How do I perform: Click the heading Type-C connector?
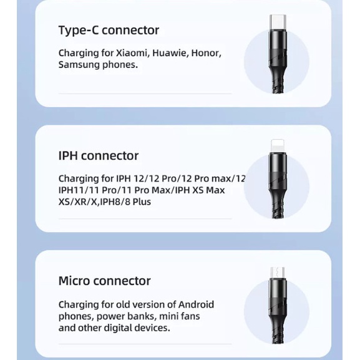(x=109, y=30)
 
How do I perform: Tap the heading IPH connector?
(x=98, y=155)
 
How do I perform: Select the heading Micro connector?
(x=104, y=281)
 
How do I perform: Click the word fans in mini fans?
(x=188, y=316)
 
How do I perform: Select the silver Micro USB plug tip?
(x=276, y=273)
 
